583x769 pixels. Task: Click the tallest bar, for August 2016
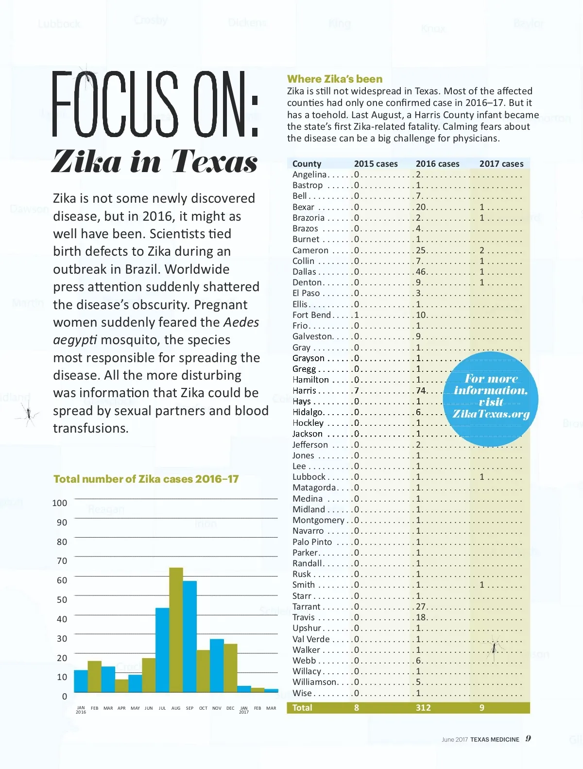tap(176, 629)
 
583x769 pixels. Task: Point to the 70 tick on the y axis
tap(62, 561)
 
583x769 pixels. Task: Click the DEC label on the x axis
tap(230, 708)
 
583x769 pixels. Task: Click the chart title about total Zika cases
tap(146, 479)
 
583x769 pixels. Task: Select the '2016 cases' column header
tap(437, 164)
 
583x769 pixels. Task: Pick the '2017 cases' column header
tap(501, 164)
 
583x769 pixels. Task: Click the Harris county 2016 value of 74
tap(421, 390)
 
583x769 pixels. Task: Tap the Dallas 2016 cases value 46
tap(421, 272)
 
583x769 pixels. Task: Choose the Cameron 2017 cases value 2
tap(482, 250)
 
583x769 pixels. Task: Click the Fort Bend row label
tap(311, 315)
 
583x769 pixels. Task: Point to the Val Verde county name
tap(311, 639)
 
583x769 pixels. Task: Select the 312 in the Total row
tap(423, 708)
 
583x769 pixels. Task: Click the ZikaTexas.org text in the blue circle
tap(491, 414)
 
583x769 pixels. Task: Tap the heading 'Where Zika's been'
tap(335, 79)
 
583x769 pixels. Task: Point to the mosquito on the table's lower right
tap(494, 647)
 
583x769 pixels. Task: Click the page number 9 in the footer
tap(528, 739)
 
